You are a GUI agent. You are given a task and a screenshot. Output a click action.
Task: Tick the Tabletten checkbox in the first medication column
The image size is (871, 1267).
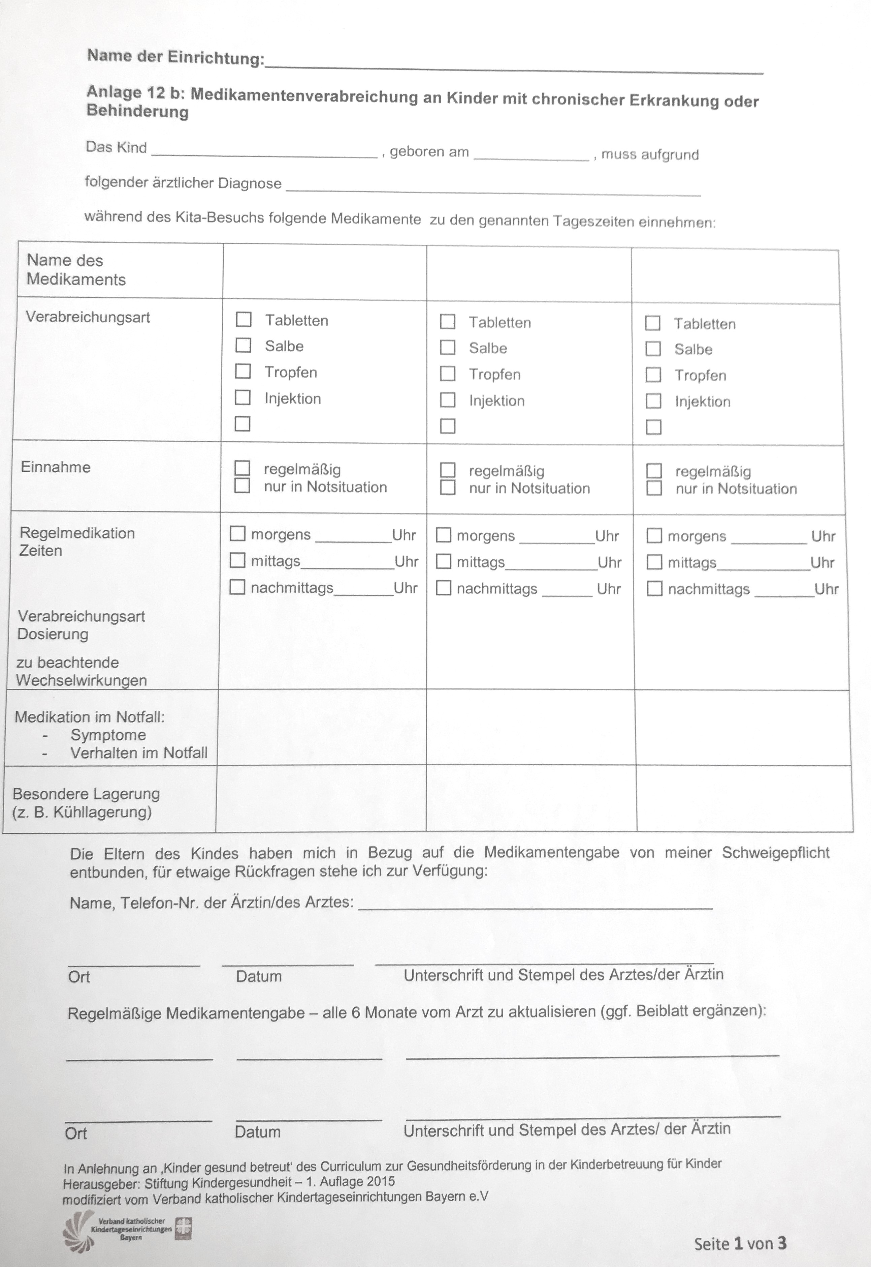coord(244,320)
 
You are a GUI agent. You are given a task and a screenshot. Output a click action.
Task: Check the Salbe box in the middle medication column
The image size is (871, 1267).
coord(448,347)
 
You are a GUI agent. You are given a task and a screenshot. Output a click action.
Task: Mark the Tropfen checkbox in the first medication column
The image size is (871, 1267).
coord(243,371)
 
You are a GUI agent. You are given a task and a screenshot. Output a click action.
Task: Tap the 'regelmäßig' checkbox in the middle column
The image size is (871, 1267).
coord(448,470)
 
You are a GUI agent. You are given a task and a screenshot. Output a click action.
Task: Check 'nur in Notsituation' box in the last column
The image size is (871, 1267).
coord(654,488)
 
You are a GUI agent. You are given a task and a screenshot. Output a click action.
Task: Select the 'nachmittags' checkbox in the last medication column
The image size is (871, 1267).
coord(654,589)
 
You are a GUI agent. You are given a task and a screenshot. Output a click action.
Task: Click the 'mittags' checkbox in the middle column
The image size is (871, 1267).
coord(444,561)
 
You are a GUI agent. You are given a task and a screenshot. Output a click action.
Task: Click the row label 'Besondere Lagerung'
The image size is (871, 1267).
coord(86,794)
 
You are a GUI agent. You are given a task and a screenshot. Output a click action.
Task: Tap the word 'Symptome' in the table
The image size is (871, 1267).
coord(108,735)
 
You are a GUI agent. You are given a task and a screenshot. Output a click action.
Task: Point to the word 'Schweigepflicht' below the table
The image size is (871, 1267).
coord(775,853)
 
